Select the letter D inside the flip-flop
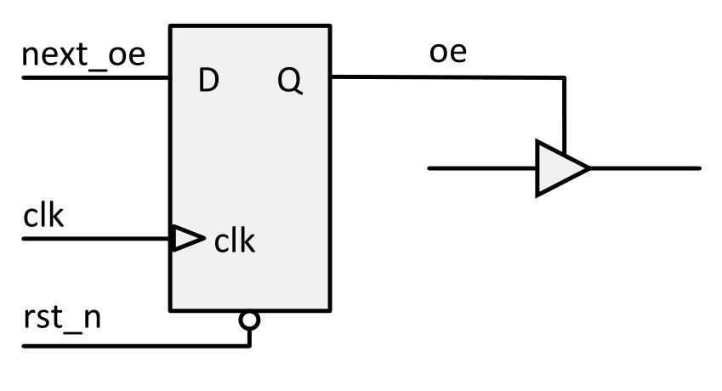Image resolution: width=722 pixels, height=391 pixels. tap(208, 82)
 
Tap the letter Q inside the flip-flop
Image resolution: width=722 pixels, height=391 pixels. tap(289, 82)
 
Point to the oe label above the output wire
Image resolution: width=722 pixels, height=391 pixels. tap(447, 53)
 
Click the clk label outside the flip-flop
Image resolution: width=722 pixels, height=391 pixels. tap(44, 217)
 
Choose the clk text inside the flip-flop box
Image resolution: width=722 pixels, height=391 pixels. tap(235, 242)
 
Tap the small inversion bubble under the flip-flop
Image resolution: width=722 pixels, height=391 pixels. tap(249, 320)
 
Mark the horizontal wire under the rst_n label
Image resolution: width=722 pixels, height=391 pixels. tap(128, 346)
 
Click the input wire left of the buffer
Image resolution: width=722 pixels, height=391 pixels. tap(480, 168)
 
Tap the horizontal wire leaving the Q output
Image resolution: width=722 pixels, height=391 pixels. tap(442, 77)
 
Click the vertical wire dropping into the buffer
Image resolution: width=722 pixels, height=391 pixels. tap(563, 115)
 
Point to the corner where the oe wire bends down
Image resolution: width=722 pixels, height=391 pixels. tap(563, 78)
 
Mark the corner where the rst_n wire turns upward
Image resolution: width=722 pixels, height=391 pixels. tap(249, 345)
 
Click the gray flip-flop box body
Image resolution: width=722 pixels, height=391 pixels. tap(250, 161)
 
